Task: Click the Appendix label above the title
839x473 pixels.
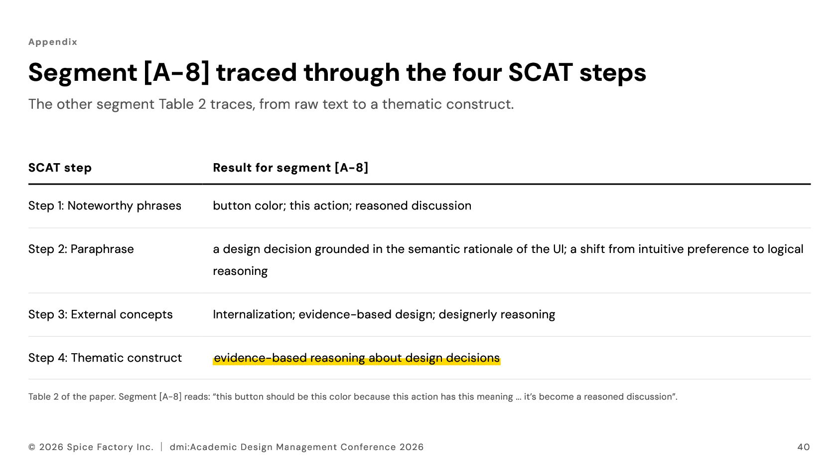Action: point(53,42)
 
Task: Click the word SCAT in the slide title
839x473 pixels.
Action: point(540,72)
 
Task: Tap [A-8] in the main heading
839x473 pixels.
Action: point(176,73)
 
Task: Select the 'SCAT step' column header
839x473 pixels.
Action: point(60,168)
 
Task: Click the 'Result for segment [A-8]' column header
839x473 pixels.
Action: point(290,168)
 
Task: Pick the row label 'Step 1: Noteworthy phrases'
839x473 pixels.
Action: point(105,206)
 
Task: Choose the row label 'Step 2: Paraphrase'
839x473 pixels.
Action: point(81,249)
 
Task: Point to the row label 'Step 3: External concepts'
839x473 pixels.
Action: point(100,314)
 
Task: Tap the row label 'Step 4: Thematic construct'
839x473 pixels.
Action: point(105,358)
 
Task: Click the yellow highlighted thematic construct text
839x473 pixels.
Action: point(357,358)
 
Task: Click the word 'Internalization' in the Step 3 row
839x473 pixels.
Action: point(254,314)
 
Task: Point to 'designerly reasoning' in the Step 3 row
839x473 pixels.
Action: point(497,315)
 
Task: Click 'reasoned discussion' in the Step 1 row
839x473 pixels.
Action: point(413,206)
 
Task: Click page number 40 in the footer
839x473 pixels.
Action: point(804,447)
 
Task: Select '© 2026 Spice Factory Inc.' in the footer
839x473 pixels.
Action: point(91,447)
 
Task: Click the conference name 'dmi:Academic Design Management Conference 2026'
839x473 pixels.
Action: point(296,447)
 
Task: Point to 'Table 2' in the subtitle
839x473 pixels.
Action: point(182,104)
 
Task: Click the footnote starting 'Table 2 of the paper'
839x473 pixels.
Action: point(353,397)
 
